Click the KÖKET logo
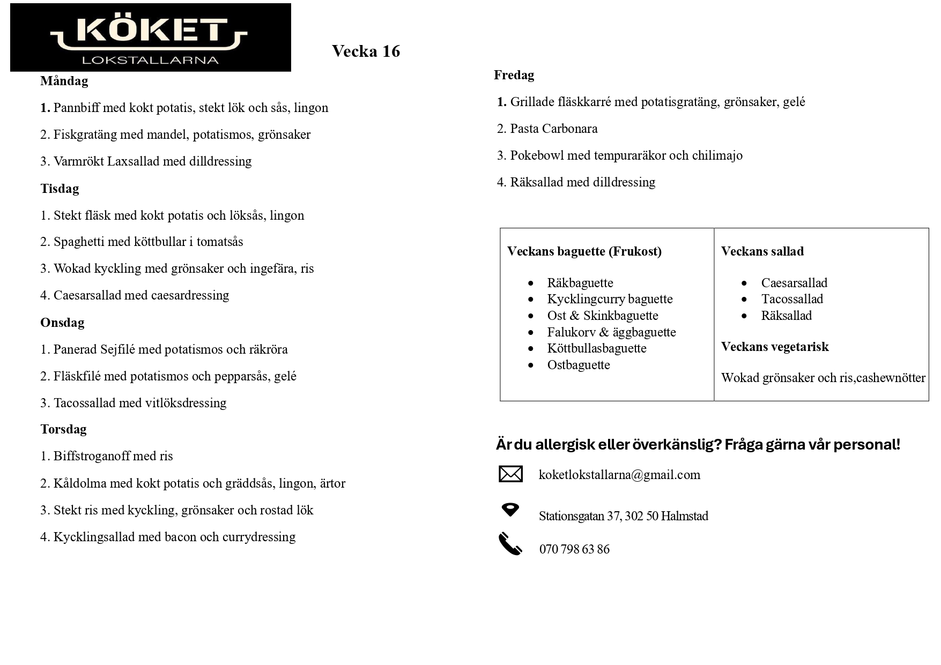click(x=150, y=38)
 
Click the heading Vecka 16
click(x=366, y=51)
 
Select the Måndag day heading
click(x=64, y=81)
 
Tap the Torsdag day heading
click(x=63, y=429)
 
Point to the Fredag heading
click(x=514, y=75)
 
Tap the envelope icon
click(x=510, y=474)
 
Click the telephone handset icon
click(x=510, y=544)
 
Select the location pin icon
click(x=510, y=510)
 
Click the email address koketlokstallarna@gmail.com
click(x=619, y=475)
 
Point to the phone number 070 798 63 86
click(x=574, y=549)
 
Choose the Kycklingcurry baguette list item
click(x=610, y=299)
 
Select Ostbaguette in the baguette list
click(x=579, y=365)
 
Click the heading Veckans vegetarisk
click(x=775, y=347)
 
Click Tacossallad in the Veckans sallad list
click(x=792, y=299)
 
